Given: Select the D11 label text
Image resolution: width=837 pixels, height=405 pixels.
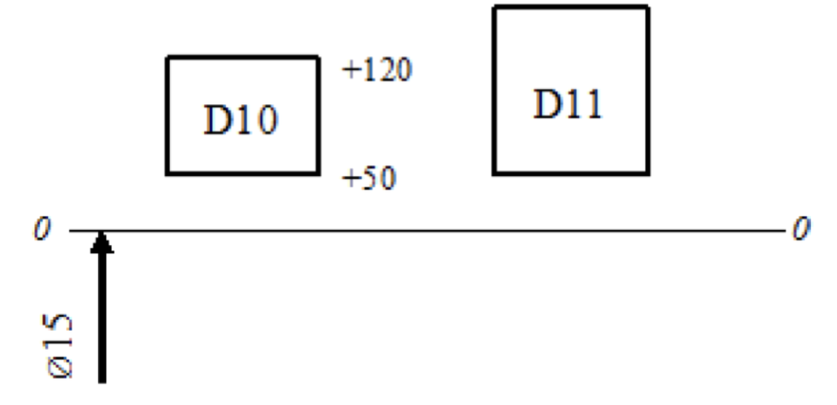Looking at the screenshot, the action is pyautogui.click(x=567, y=106).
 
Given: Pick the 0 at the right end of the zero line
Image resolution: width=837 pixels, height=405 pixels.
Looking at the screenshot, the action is pyautogui.click(x=800, y=231).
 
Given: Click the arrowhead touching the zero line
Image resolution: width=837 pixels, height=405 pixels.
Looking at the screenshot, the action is pyautogui.click(x=102, y=242).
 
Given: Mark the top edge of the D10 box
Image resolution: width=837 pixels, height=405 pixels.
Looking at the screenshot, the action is pyautogui.click(x=241, y=57).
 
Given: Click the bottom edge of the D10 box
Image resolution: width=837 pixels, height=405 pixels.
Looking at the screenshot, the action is pyautogui.click(x=241, y=173).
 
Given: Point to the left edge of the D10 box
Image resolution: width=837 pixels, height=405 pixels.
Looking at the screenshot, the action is pyautogui.click(x=167, y=115).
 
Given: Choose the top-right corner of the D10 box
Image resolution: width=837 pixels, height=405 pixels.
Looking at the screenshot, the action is pyautogui.click(x=318, y=57).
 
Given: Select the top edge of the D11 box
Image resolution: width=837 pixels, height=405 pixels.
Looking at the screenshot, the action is pyautogui.click(x=571, y=7).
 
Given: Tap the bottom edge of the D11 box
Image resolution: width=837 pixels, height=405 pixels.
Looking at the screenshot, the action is pyautogui.click(x=571, y=173).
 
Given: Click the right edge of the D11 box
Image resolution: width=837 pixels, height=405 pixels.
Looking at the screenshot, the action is pyautogui.click(x=648, y=90).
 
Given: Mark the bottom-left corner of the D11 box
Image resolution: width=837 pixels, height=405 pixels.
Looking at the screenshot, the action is pyautogui.click(x=494, y=173).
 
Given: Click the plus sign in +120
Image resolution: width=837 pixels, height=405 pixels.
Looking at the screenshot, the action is pyautogui.click(x=349, y=71).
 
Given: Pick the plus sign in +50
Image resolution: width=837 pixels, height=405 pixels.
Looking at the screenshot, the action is pyautogui.click(x=349, y=179).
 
